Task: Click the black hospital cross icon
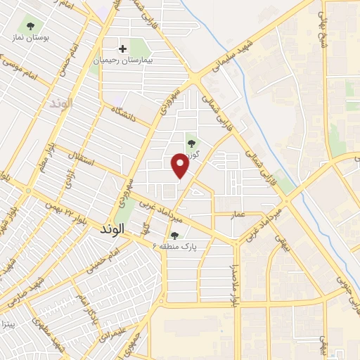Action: click(123, 49)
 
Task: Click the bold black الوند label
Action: click(112, 229)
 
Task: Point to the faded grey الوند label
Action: click(62, 103)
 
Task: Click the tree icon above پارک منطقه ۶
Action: click(174, 236)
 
